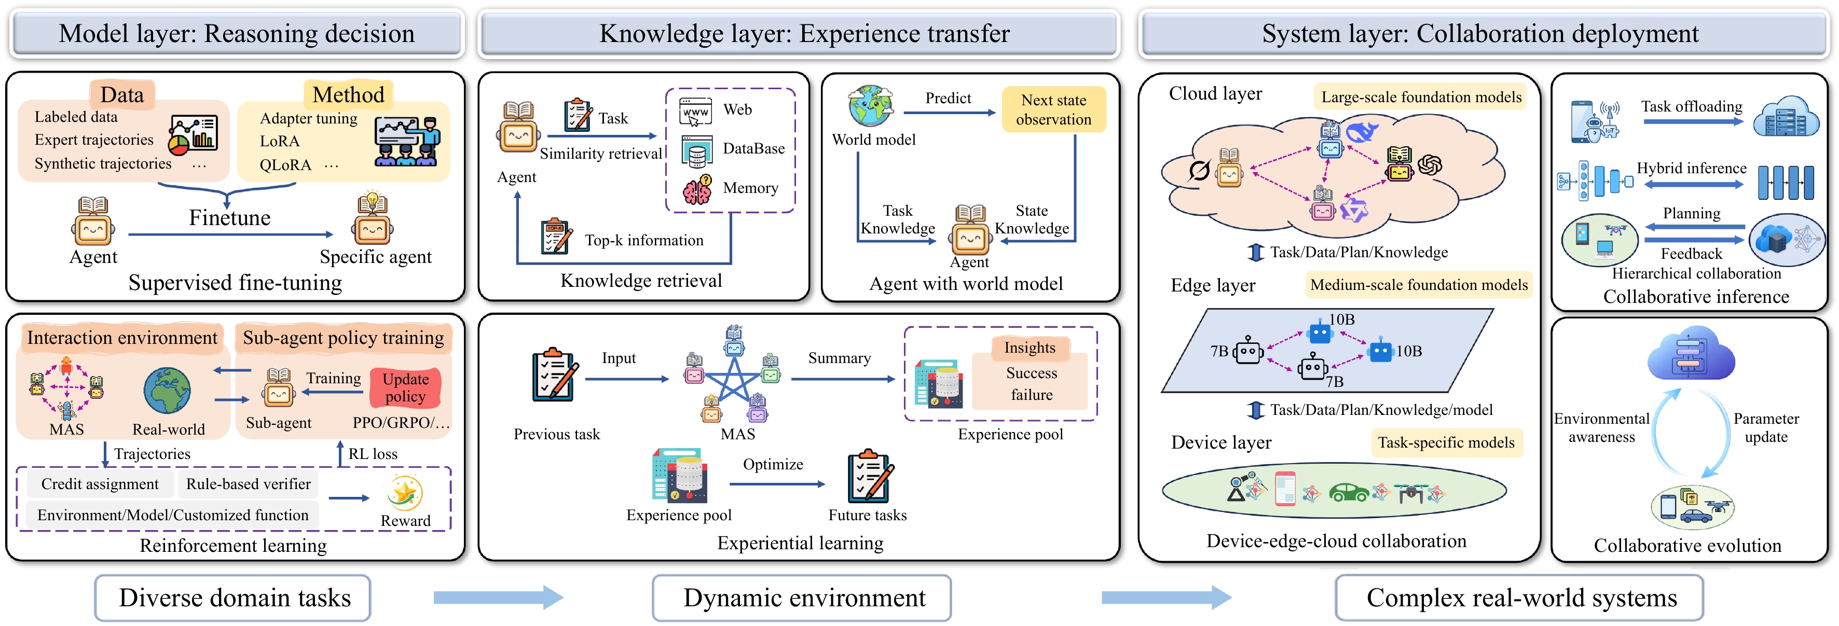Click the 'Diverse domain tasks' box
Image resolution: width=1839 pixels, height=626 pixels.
click(x=233, y=598)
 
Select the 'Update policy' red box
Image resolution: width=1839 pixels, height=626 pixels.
click(x=405, y=387)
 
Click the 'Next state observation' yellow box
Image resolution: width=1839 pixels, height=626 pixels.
click(x=1054, y=109)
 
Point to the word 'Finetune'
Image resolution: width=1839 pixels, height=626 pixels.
click(x=229, y=218)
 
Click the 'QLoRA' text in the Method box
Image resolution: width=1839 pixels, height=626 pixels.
click(x=285, y=165)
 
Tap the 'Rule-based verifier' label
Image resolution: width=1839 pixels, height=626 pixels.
click(x=249, y=484)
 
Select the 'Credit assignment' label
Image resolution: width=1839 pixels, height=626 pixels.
click(x=100, y=484)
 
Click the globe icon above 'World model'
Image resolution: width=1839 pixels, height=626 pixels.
click(x=870, y=106)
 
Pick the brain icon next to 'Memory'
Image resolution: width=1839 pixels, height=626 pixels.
click(x=697, y=190)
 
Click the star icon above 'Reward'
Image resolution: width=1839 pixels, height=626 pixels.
click(x=404, y=493)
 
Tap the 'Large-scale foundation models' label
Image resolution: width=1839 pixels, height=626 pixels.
click(x=1421, y=97)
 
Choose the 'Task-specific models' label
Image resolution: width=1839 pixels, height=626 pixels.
click(x=1446, y=442)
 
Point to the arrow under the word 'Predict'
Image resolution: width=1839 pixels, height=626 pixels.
click(x=950, y=113)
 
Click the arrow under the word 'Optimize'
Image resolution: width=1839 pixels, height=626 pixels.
click(x=777, y=484)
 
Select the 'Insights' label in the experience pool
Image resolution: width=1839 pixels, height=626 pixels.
click(x=1030, y=347)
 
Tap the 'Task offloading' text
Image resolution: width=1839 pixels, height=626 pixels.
click(x=1691, y=106)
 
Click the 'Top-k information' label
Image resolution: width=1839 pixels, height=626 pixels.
click(x=644, y=241)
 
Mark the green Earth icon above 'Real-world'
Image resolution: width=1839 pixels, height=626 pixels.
click(x=167, y=391)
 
